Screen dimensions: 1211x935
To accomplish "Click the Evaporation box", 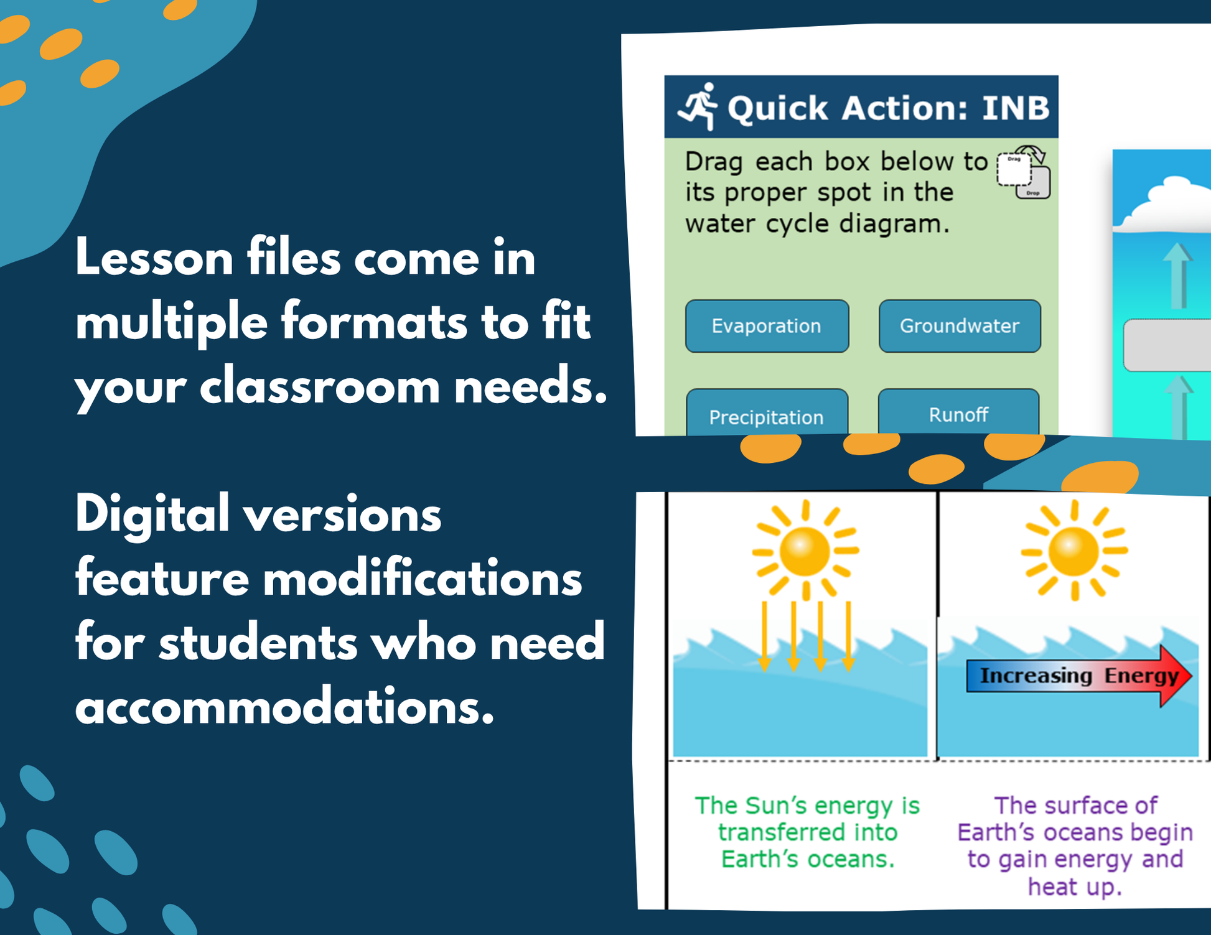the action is click(767, 326).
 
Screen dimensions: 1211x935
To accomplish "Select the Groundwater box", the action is click(960, 326).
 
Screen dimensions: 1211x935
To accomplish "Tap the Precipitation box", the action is click(767, 412).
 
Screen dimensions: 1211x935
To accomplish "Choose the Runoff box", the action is click(958, 411).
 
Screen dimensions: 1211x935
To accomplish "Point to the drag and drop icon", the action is click(1024, 172).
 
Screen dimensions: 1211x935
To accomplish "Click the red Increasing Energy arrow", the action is click(1079, 676).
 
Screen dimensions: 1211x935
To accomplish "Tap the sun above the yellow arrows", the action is click(805, 550).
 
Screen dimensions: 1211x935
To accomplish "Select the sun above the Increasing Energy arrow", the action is click(1074, 550).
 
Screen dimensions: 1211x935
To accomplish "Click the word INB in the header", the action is click(1016, 108).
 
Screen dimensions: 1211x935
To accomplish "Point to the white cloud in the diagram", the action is click(1164, 204).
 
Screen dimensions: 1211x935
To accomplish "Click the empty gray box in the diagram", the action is click(1167, 345).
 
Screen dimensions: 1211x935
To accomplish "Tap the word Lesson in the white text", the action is click(154, 258).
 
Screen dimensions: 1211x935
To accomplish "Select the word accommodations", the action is click(285, 707).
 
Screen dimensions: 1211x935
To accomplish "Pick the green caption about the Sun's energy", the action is click(807, 832).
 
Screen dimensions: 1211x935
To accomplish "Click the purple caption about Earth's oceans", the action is click(1075, 845).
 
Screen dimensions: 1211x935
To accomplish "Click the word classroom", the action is click(320, 386).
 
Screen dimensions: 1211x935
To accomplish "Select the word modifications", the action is click(423, 579).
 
